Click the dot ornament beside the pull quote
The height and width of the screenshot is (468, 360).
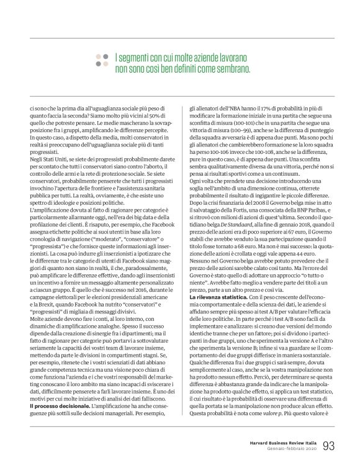(101, 60)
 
